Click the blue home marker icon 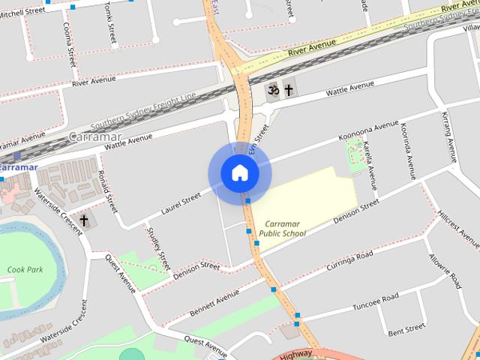(239, 173)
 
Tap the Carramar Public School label (282, 229)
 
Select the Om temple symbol (274, 90)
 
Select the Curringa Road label (349, 262)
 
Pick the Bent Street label (406, 330)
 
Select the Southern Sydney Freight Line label (142, 112)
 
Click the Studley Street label (155, 248)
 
